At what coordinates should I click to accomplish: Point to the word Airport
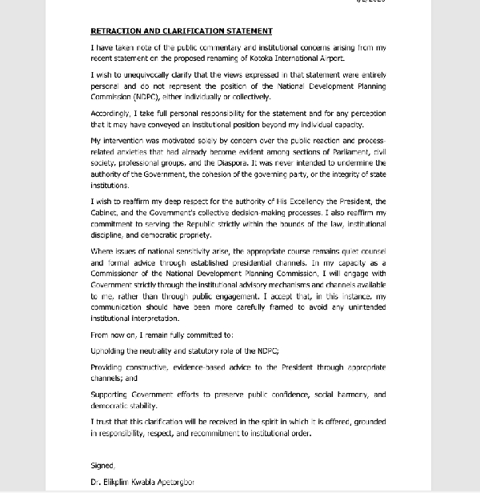[331, 60]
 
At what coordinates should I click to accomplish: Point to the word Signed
[102, 466]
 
